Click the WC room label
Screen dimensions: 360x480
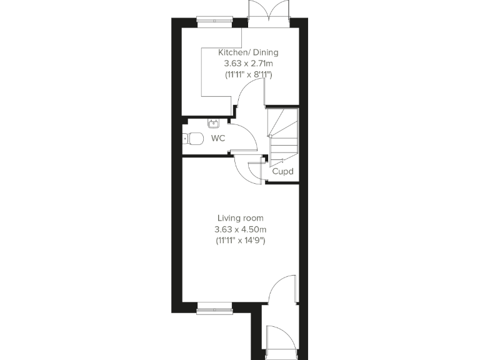click(217, 137)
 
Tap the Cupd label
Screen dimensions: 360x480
click(282, 171)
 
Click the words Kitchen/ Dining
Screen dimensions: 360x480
click(248, 52)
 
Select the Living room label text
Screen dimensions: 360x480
click(241, 218)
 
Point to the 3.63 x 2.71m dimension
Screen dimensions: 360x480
click(248, 63)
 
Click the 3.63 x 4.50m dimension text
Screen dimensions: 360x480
click(241, 229)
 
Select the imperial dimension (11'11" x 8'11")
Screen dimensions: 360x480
click(248, 74)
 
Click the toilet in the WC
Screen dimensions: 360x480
click(193, 139)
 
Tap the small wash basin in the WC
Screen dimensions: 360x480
click(214, 122)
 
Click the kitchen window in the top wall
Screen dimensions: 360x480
click(214, 20)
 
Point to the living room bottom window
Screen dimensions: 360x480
click(214, 308)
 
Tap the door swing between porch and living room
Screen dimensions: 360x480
click(281, 289)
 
